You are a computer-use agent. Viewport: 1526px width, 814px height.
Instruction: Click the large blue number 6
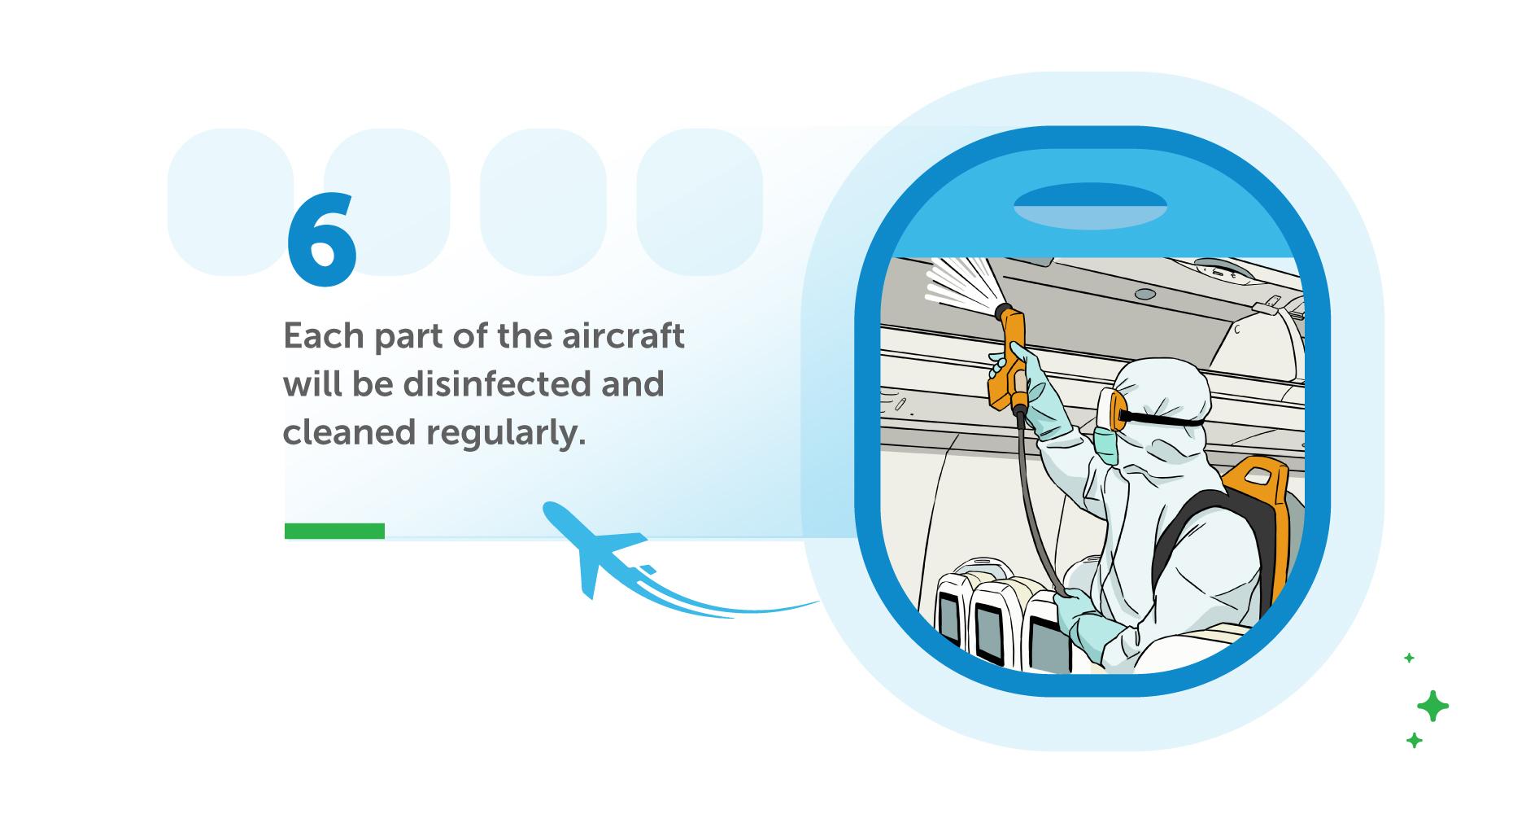pyautogui.click(x=321, y=241)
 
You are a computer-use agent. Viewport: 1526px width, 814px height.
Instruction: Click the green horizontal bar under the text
pyautogui.click(x=334, y=531)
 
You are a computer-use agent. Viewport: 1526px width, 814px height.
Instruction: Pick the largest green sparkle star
pyautogui.click(x=1432, y=706)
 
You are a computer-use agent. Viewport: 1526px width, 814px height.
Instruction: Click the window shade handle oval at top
pyautogui.click(x=1090, y=205)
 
